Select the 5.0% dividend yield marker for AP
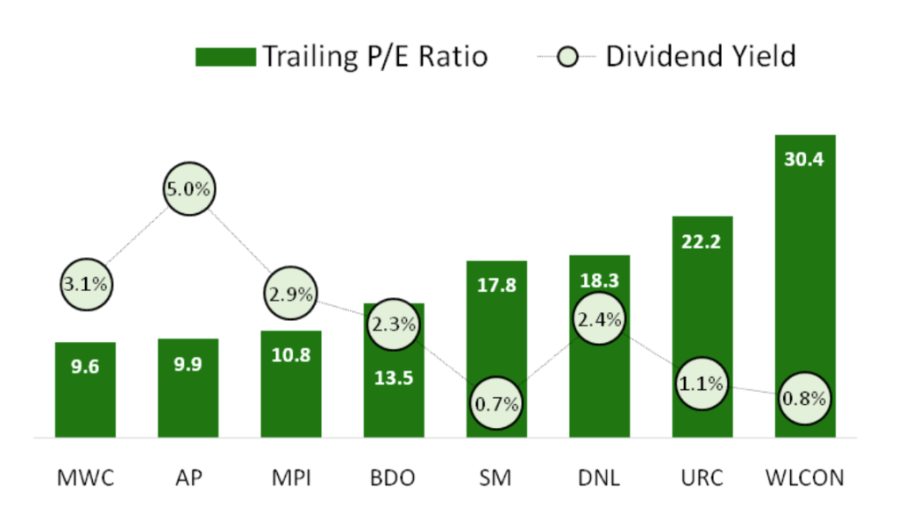pyautogui.click(x=189, y=189)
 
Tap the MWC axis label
pyautogui.click(x=85, y=478)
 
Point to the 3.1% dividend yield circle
pyautogui.click(x=85, y=284)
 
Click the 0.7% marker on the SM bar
pyautogui.click(x=496, y=404)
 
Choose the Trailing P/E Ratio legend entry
pyautogui.click(x=342, y=56)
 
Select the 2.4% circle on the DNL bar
pyautogui.click(x=599, y=320)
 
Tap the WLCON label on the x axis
pyautogui.click(x=804, y=478)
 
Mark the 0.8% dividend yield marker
pyautogui.click(x=804, y=398)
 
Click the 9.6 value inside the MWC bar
pyautogui.click(x=85, y=367)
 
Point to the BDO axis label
pyautogui.click(x=393, y=478)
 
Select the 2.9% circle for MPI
pyautogui.click(x=291, y=295)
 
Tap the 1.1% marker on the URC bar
pyautogui.click(x=702, y=383)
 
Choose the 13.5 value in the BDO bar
pyautogui.click(x=393, y=379)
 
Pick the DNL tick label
pyautogui.click(x=599, y=478)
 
